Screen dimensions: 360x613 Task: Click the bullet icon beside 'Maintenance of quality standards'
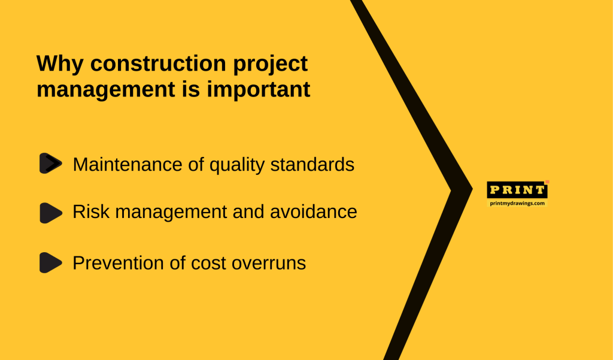pyautogui.click(x=51, y=164)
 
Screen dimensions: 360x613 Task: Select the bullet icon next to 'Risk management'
pyautogui.click(x=51, y=213)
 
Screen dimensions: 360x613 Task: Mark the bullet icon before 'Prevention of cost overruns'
pyautogui.click(x=51, y=262)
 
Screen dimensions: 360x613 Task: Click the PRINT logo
pyautogui.click(x=517, y=190)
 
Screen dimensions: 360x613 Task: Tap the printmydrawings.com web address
pyautogui.click(x=517, y=203)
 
